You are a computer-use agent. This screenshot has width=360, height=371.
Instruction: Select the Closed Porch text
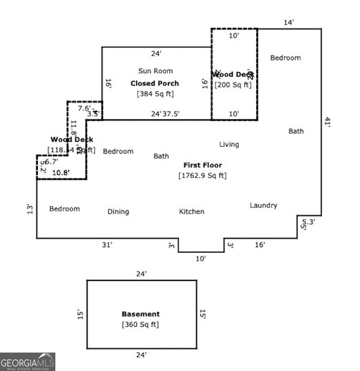155,83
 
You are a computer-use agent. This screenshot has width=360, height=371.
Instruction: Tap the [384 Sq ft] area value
155,94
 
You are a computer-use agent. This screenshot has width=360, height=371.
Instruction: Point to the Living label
229,144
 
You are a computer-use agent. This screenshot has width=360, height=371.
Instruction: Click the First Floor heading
202,165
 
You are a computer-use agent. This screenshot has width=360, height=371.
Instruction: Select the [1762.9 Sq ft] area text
202,176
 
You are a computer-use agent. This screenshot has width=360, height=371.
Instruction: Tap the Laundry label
263,206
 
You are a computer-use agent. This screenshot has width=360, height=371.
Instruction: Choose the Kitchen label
191,212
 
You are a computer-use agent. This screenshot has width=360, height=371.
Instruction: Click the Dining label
118,212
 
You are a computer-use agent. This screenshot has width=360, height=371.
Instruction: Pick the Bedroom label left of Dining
64,209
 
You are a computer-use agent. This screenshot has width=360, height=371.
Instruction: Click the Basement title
141,314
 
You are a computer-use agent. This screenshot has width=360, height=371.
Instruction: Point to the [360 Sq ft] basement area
141,325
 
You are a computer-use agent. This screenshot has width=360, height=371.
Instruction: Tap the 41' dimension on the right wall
328,122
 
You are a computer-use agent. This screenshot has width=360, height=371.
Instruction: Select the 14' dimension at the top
289,22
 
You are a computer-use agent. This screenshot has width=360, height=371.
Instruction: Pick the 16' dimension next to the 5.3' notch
260,245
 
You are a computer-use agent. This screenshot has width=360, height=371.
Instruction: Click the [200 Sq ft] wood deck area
234,85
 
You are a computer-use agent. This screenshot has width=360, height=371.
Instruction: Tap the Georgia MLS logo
28,361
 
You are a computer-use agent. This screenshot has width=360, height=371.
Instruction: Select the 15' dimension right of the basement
203,314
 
